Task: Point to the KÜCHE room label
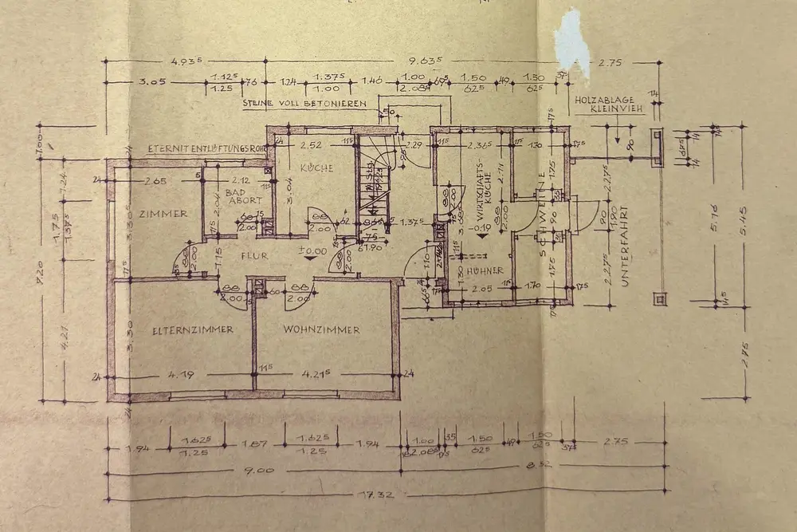[x=316, y=168]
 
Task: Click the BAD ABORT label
[x=238, y=197]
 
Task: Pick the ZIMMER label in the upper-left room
[x=162, y=214]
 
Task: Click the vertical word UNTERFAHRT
[x=624, y=246]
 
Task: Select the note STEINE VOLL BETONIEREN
[x=305, y=104]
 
